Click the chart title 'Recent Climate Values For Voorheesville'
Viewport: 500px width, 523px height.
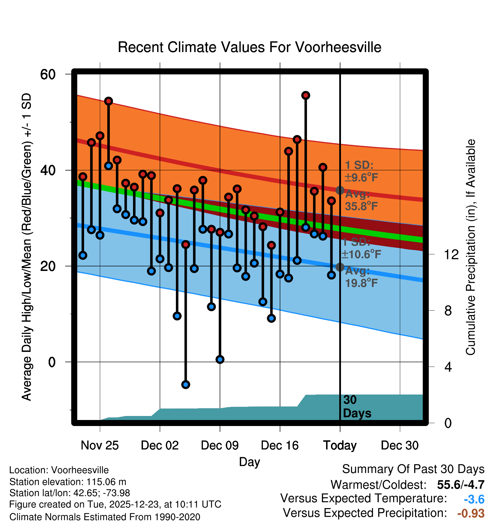click(x=249, y=47)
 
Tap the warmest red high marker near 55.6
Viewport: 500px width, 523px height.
click(x=305, y=95)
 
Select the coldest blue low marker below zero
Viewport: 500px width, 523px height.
click(x=186, y=385)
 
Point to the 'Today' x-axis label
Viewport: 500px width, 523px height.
click(x=340, y=445)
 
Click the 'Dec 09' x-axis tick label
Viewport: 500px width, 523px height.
click(x=220, y=445)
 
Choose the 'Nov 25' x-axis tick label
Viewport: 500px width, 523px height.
click(x=100, y=445)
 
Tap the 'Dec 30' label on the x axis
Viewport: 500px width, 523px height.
click(x=400, y=445)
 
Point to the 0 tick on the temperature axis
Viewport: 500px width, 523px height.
click(x=52, y=362)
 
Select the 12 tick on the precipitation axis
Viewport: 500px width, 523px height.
click(x=451, y=254)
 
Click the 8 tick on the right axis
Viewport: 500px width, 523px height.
click(x=448, y=311)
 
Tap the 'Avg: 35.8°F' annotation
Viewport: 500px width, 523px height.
click(x=361, y=200)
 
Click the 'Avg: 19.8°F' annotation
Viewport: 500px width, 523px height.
click(x=361, y=277)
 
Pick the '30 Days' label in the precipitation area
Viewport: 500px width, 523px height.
click(x=357, y=407)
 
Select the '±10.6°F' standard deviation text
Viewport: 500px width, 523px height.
click(x=361, y=254)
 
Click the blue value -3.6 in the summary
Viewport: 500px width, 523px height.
click(x=474, y=499)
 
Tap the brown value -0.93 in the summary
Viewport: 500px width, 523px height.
click(x=471, y=513)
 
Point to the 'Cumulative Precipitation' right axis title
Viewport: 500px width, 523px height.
click(x=471, y=247)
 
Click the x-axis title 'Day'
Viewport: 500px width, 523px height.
click(x=249, y=462)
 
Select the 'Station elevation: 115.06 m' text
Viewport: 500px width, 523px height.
click(x=68, y=482)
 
